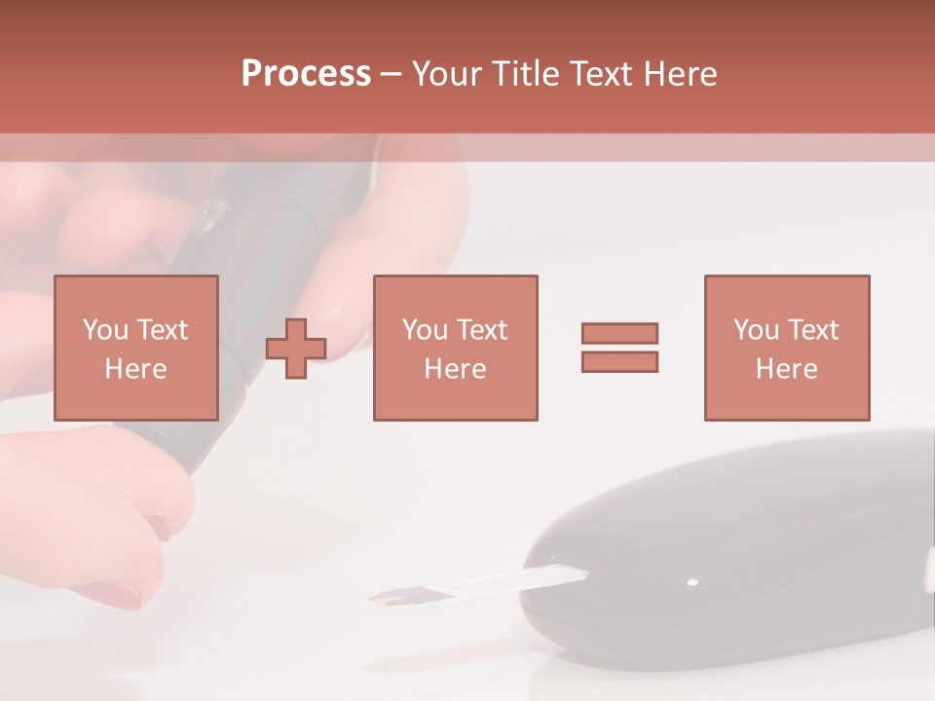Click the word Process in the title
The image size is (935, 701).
pos(306,74)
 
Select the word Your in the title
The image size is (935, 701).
pos(445,74)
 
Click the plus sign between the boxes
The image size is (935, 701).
pos(296,349)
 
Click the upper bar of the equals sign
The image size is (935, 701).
pos(619,333)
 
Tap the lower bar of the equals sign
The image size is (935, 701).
pos(619,362)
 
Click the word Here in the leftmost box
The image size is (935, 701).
pos(135,369)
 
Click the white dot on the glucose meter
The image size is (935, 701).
pos(692,583)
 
